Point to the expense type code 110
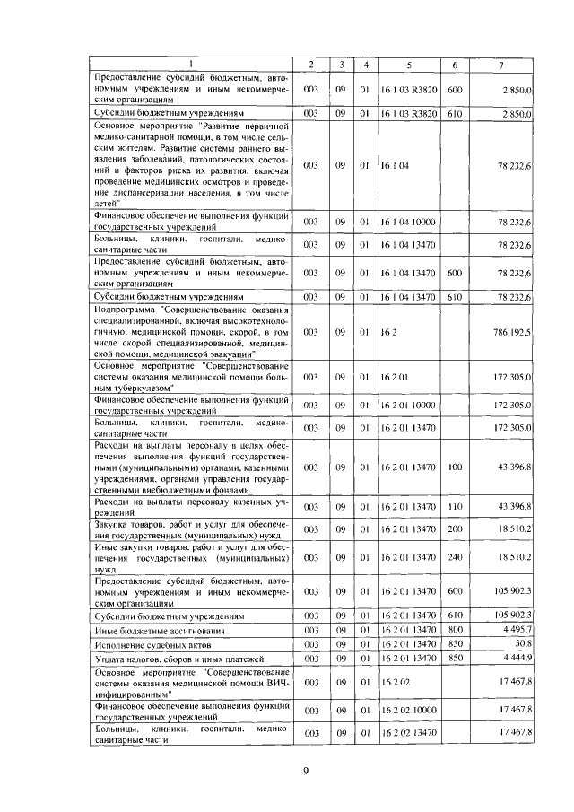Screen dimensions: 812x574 pos(454,508)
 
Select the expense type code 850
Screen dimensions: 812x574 pos(454,659)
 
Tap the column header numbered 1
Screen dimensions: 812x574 pos(193,65)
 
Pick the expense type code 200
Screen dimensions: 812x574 pos(454,531)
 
